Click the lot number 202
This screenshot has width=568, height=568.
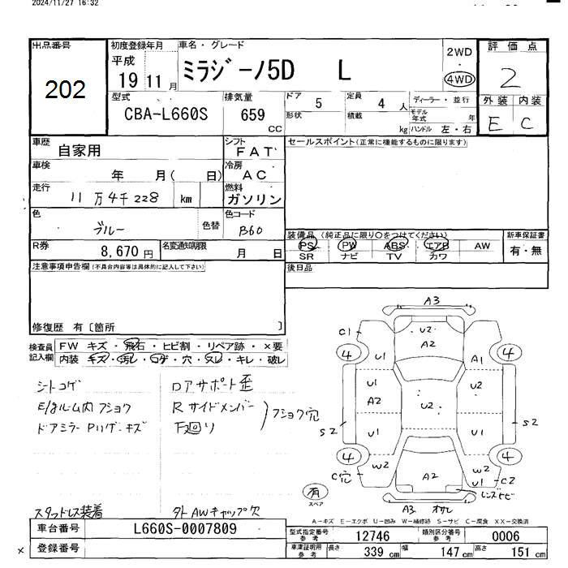point(66,90)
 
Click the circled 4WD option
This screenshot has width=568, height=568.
point(460,80)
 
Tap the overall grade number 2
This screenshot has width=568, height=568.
point(510,78)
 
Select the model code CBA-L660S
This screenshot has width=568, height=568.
point(166,115)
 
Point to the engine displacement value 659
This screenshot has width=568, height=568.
point(253,115)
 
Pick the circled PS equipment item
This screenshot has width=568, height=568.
point(308,244)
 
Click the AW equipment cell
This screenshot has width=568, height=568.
point(482,244)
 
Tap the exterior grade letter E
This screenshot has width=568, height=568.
point(495,124)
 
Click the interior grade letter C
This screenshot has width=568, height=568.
point(527,124)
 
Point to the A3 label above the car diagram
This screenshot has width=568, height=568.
point(432,300)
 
